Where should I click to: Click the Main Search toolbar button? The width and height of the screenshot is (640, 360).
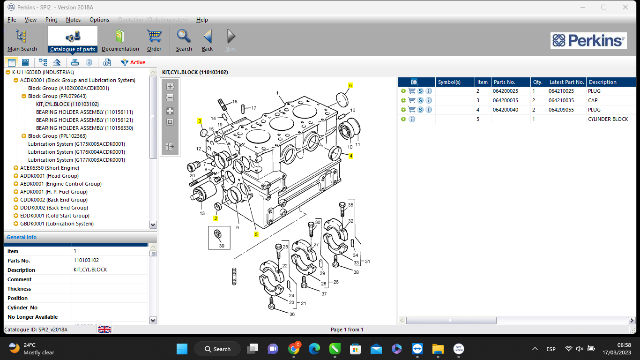22,40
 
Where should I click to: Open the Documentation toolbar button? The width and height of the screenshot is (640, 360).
120,40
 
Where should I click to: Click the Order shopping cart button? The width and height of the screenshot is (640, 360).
154,40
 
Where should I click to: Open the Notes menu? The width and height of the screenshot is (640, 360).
73,20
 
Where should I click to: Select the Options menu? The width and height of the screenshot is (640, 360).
99,20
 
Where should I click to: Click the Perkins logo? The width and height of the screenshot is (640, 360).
588,40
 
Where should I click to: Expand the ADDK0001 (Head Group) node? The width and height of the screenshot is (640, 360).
16,176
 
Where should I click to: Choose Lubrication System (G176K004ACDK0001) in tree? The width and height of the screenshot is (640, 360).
76,152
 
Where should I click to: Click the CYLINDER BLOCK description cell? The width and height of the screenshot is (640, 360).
608,119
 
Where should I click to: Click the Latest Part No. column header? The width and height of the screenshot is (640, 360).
566,82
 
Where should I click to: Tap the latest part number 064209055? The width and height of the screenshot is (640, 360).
561,110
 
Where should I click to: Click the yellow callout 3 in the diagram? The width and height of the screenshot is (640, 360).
200,121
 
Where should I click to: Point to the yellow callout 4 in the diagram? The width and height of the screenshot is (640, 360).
350,156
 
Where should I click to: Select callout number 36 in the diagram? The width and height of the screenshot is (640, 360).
292,314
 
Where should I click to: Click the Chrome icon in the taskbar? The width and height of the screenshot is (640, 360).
294,348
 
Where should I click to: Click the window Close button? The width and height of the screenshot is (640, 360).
625,7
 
